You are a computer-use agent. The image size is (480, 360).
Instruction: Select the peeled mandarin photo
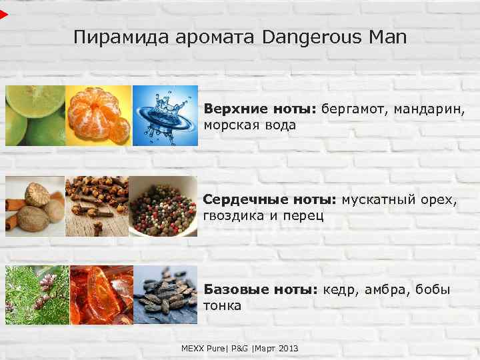(x=99, y=115)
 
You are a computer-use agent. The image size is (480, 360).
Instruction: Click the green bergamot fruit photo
(x=35, y=115)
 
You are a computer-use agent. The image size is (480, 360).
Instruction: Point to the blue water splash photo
(x=165, y=115)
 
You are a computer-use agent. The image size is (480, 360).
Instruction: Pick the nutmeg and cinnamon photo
(x=35, y=206)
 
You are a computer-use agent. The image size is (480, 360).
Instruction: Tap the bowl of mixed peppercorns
(x=163, y=206)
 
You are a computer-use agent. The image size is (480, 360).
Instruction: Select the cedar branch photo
(x=37, y=295)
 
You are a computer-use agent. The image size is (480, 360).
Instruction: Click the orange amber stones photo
(x=101, y=295)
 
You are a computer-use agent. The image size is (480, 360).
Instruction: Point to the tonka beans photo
(x=165, y=295)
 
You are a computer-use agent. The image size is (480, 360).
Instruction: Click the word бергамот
(x=351, y=109)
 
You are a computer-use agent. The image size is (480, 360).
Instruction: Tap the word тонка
(x=223, y=306)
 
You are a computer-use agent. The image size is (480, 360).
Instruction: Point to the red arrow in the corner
(x=4, y=13)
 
